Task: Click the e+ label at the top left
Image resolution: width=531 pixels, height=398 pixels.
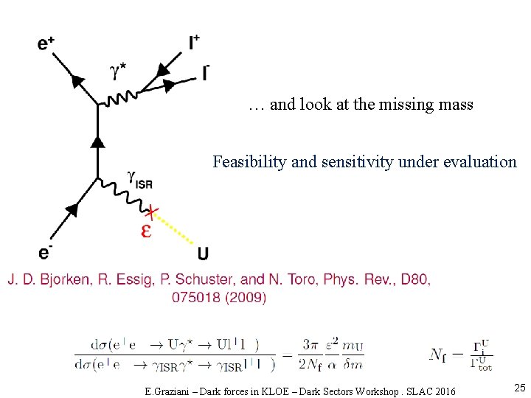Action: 46,44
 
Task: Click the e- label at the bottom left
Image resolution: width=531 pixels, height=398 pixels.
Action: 45,253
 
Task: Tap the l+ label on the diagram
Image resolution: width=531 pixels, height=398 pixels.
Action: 194,43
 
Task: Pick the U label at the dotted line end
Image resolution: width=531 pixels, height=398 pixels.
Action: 203,254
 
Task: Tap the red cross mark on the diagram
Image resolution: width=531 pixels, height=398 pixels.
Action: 151,214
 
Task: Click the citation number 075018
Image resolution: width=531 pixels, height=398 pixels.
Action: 196,298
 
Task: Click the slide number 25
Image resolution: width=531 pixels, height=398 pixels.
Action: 519,388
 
